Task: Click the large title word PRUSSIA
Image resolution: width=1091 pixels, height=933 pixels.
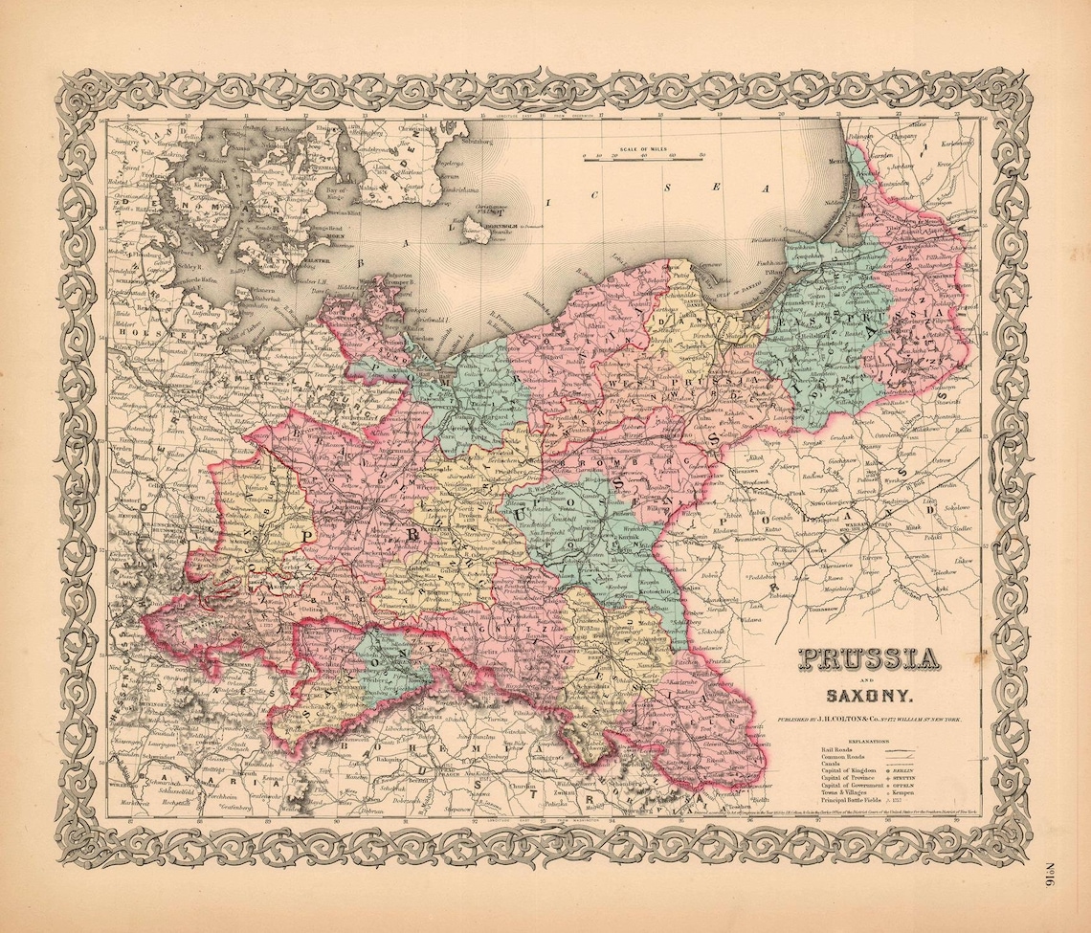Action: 867,659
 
